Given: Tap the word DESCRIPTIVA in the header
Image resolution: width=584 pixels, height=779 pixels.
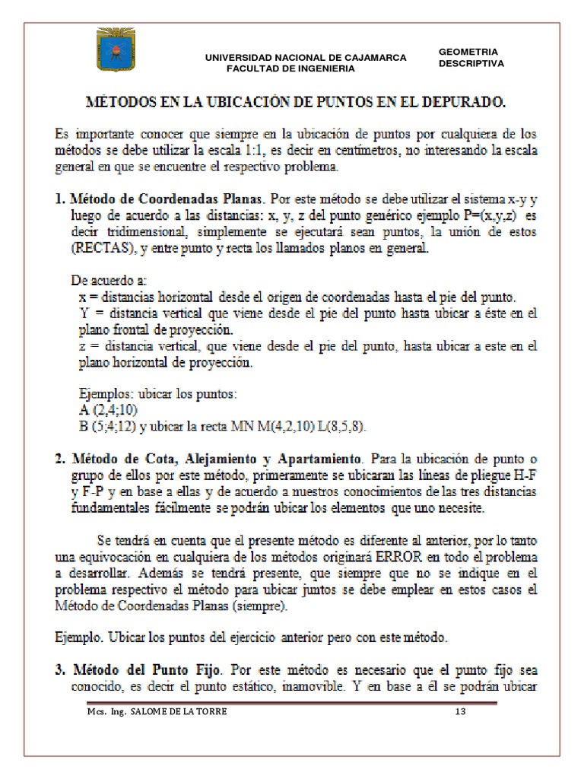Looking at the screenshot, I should [x=471, y=64].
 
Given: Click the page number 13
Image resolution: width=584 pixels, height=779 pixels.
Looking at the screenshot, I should [x=459, y=712].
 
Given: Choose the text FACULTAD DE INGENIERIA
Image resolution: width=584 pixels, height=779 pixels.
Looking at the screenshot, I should [x=290, y=68].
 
